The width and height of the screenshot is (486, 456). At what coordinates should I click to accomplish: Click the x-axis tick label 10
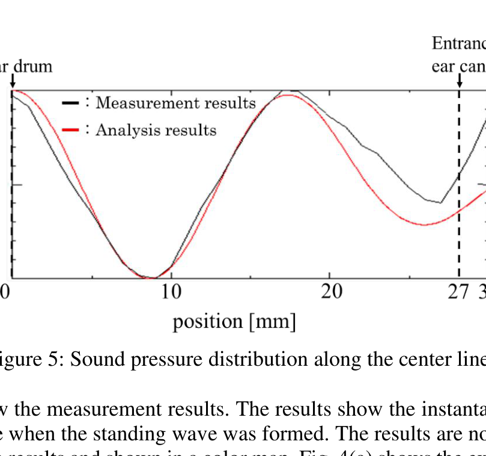pos(171,292)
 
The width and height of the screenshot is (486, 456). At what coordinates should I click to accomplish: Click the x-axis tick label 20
pos(332,292)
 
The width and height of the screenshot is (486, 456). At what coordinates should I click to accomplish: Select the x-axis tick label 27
pos(459,292)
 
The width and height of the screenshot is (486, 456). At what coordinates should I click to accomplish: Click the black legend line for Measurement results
pos(71,103)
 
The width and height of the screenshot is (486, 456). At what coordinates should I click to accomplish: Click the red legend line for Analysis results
pos(71,130)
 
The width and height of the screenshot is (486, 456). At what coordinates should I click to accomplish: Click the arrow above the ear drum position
pos(13,81)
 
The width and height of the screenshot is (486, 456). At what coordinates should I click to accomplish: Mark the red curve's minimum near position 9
pos(155,278)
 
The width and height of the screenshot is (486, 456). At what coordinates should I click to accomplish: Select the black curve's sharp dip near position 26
pos(440,203)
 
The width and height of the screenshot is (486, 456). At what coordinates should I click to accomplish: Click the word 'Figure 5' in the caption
pos(28,359)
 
